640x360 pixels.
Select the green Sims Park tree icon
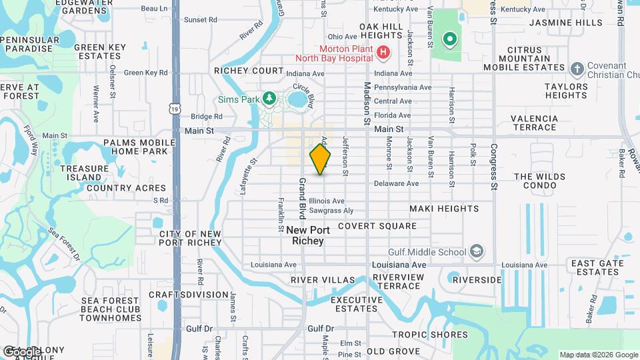(x=269, y=99)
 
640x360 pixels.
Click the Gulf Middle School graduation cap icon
(x=477, y=251)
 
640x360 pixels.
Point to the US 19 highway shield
(x=175, y=107)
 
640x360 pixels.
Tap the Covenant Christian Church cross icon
(x=577, y=67)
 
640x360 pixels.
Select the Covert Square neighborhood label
(x=377, y=226)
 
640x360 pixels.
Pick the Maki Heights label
(x=444, y=209)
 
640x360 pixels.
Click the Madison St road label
(x=367, y=104)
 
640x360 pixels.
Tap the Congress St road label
(x=494, y=166)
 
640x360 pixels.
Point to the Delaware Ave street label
(x=396, y=183)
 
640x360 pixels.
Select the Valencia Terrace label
(x=533, y=123)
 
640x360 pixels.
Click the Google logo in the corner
(x=21, y=351)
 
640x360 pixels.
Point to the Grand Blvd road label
(x=302, y=199)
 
